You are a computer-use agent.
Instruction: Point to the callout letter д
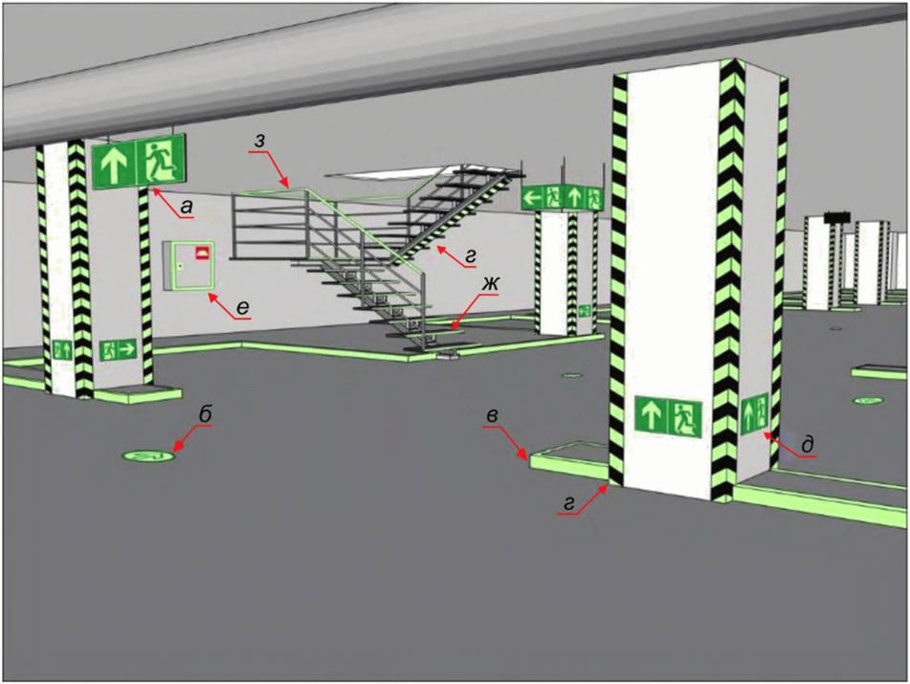(x=806, y=444)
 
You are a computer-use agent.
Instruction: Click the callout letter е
(x=243, y=307)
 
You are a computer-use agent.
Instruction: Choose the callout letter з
(x=260, y=142)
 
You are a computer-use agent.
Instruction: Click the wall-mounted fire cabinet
(x=189, y=265)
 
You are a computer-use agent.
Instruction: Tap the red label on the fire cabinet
(x=203, y=253)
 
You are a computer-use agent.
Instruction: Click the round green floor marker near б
(x=148, y=456)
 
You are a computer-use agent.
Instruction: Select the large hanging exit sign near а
(x=139, y=162)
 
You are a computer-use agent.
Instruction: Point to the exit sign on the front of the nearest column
(x=668, y=416)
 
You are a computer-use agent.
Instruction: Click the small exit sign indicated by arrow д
(x=754, y=412)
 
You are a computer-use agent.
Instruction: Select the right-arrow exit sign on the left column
(x=118, y=349)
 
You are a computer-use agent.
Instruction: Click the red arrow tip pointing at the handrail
(x=287, y=185)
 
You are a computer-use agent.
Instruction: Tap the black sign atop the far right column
(x=837, y=217)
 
